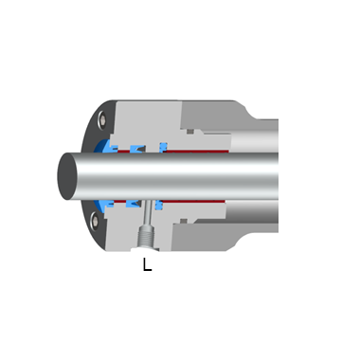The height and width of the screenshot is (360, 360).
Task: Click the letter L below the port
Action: click(x=147, y=264)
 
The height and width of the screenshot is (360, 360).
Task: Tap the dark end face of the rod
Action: click(x=67, y=176)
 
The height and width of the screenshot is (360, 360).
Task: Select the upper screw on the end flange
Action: click(x=102, y=120)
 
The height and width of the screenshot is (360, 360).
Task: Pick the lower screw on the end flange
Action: click(x=95, y=221)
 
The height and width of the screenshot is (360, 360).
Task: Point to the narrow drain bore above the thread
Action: click(x=148, y=212)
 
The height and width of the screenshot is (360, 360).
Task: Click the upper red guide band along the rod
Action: click(x=196, y=152)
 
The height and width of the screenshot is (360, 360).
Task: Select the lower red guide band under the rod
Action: click(x=191, y=201)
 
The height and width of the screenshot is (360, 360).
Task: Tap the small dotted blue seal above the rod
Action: click(x=163, y=147)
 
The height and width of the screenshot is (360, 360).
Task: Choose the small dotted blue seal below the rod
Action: click(x=158, y=206)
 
